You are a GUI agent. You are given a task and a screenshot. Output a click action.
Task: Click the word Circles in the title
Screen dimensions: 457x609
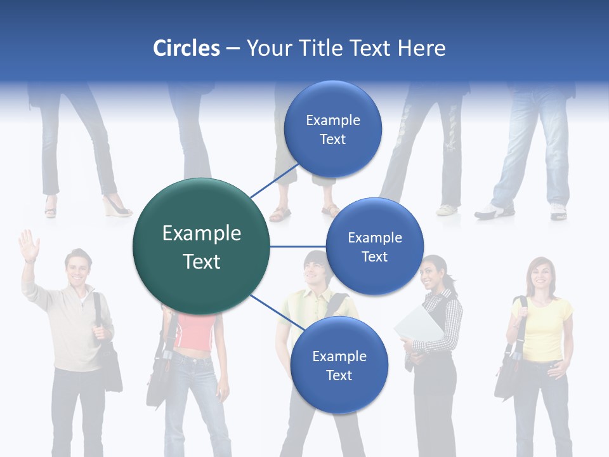click(x=186, y=48)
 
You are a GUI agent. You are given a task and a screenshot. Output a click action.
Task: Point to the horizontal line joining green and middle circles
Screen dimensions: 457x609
click(x=298, y=246)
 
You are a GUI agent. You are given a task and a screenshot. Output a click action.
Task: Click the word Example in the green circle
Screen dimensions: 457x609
click(x=201, y=234)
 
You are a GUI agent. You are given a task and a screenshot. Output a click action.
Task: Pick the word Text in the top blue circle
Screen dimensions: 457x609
click(x=332, y=140)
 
